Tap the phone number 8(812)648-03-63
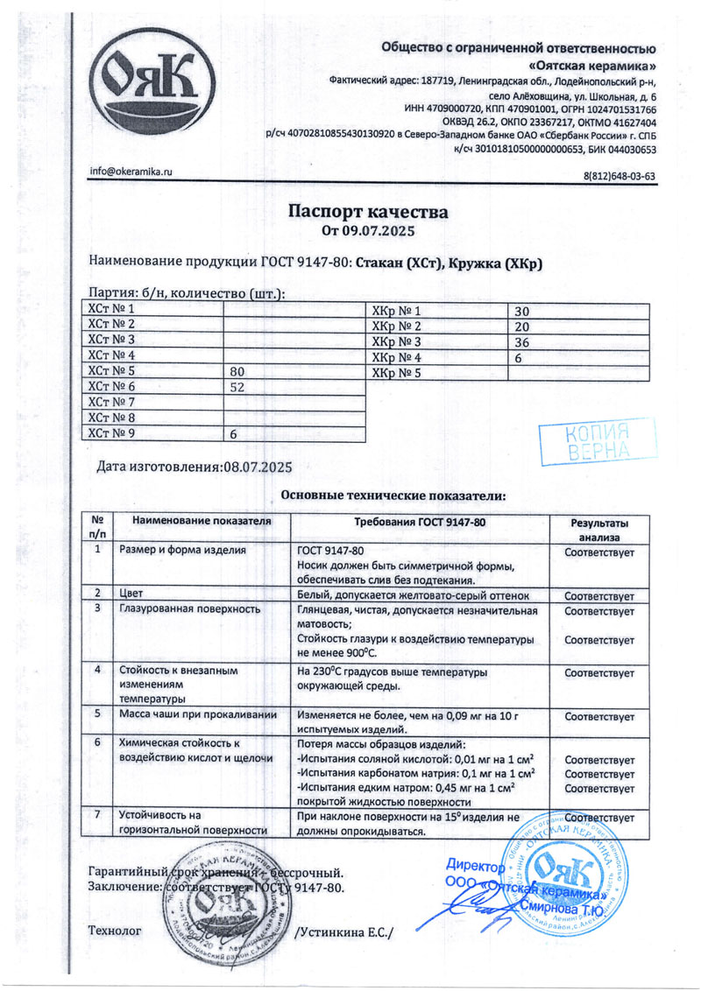[620, 176]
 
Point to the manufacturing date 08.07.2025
[258, 467]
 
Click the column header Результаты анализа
[598, 529]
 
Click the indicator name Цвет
[131, 591]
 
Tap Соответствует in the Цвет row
[598, 592]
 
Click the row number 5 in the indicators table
[97, 713]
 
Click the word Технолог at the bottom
[115, 932]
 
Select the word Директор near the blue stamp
[476, 867]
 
